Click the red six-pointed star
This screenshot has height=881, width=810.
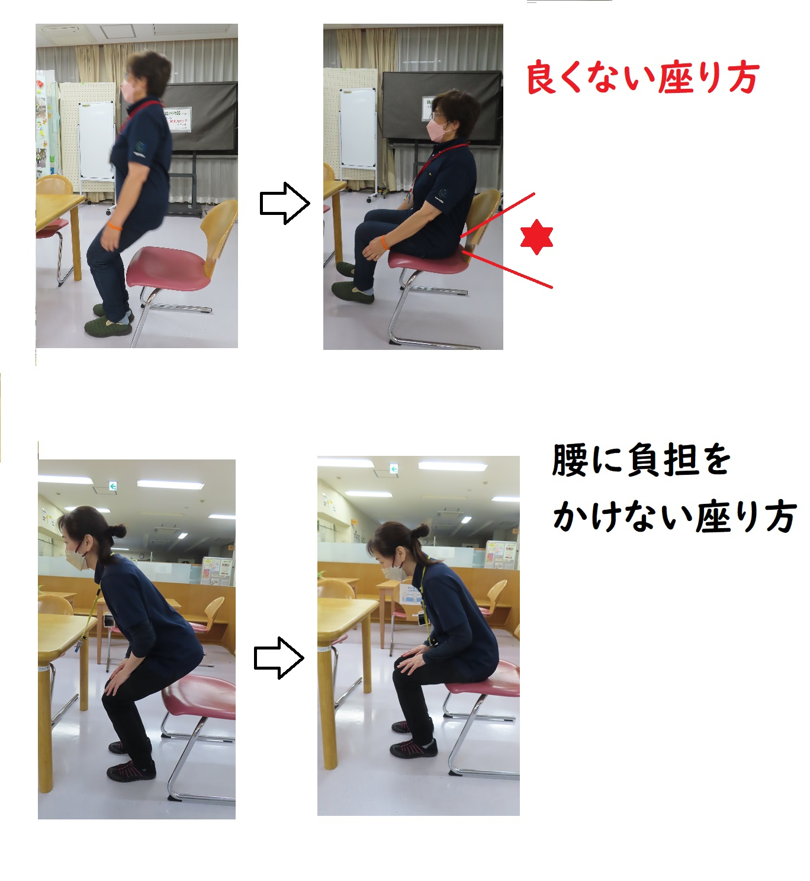536,237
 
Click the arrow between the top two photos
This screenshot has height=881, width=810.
285,203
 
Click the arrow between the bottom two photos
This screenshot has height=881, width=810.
279,658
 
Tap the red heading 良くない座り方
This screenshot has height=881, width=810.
642,78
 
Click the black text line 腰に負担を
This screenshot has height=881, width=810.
641,460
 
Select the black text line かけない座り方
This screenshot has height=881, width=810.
675,516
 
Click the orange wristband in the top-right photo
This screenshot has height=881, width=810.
384,242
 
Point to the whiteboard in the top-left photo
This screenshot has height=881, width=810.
96,140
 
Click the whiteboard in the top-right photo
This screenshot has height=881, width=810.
358,128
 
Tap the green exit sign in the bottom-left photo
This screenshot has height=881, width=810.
113,486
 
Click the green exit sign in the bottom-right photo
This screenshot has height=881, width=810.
394,468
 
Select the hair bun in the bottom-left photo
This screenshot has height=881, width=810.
117,532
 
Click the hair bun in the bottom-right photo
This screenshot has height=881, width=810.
420,531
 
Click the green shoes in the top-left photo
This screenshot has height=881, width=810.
109,321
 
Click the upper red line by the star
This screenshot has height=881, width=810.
497,215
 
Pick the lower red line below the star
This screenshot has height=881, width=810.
508,269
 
